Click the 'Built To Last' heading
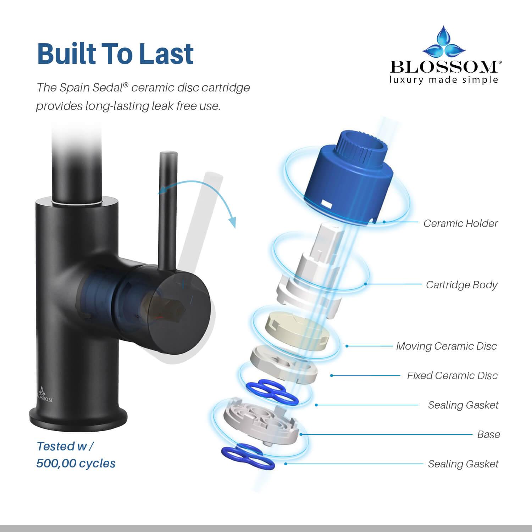(115, 54)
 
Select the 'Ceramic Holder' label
(460, 223)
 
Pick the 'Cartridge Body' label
(461, 285)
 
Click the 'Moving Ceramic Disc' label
(446, 346)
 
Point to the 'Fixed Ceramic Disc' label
(452, 376)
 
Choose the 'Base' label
(488, 434)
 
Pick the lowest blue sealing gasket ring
(248, 458)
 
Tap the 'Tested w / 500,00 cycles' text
(76, 455)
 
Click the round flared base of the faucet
(78, 420)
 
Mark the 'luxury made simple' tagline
(444, 79)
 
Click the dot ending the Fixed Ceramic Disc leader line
(332, 376)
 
